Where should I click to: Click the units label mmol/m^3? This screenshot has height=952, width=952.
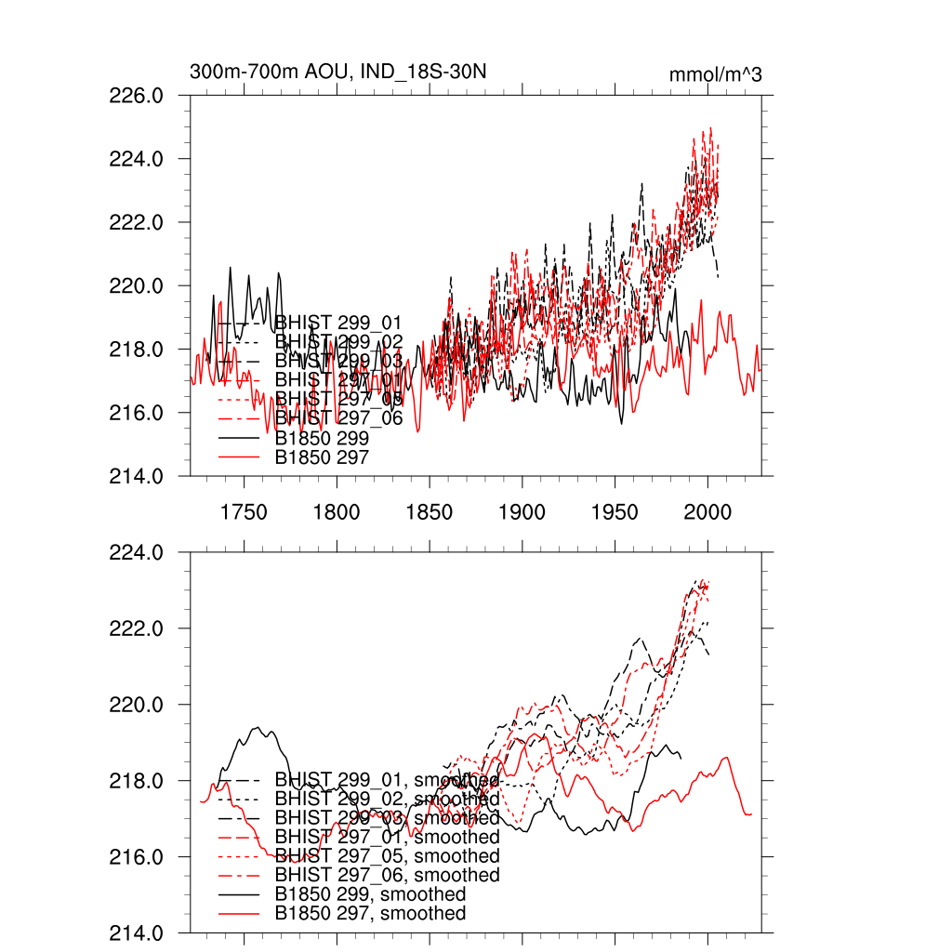click(x=715, y=74)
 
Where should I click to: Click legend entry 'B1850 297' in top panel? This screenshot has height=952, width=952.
click(x=322, y=457)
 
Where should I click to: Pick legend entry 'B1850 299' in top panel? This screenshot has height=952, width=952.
click(x=322, y=438)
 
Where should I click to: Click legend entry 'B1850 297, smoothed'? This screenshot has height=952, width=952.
click(x=370, y=914)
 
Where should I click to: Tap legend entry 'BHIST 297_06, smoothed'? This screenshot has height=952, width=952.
click(x=387, y=876)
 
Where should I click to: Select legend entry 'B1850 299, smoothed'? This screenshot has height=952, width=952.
click(x=370, y=894)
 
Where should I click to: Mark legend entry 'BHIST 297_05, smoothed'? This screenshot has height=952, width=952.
click(x=387, y=856)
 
